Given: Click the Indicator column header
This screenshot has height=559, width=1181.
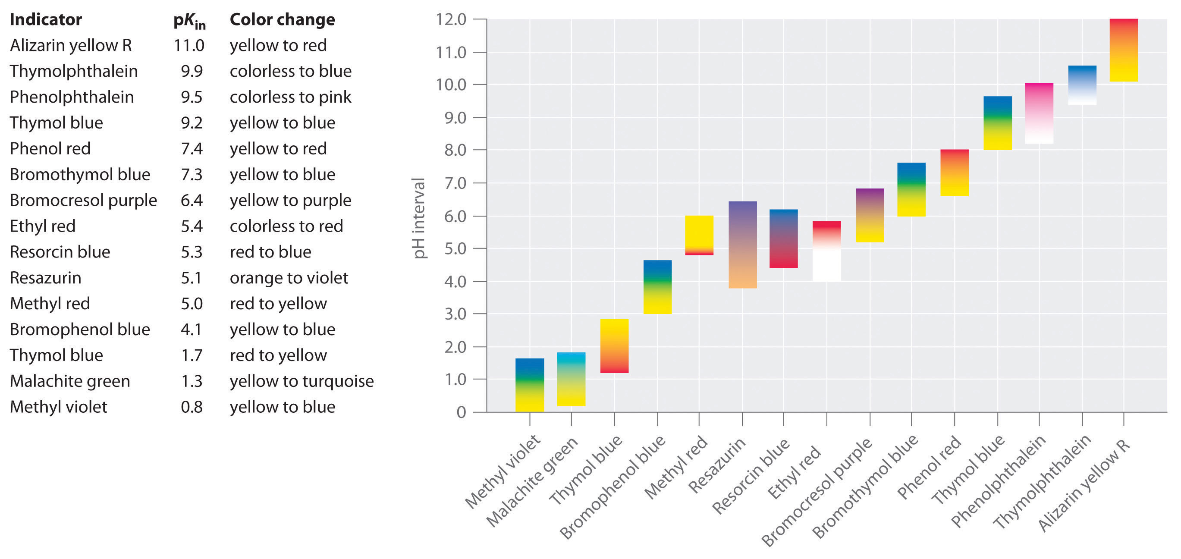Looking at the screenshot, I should [46, 20].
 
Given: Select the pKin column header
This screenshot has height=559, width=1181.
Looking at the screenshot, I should [189, 21].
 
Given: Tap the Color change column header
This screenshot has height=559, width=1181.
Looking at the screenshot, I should [282, 20].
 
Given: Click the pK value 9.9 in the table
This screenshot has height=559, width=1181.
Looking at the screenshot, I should [191, 71].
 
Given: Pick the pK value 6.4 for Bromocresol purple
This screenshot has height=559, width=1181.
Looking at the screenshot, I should [191, 201].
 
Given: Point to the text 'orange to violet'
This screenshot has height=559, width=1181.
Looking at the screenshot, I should [289, 278].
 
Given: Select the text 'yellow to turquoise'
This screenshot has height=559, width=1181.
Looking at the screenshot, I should [302, 381].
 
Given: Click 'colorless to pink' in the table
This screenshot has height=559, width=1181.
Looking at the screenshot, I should [290, 97].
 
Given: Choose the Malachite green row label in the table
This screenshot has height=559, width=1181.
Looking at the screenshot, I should [70, 381].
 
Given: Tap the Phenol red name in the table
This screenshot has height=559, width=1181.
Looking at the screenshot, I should [50, 148].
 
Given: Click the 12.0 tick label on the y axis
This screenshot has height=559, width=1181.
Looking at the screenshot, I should [451, 19].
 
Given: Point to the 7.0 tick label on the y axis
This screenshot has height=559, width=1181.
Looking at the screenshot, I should [454, 183].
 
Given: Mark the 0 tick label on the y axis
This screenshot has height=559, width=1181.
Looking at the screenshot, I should [461, 412].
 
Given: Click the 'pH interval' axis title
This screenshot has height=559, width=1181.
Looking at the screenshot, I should [418, 218].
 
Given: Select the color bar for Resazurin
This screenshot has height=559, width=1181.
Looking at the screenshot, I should [742, 245].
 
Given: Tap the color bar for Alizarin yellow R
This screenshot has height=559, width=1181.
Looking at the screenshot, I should [1123, 50].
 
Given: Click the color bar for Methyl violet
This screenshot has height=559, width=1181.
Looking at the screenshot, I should [530, 385].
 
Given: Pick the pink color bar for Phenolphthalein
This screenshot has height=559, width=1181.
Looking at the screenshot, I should [1039, 113].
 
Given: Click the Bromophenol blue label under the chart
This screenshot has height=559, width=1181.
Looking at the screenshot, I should [612, 487].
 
